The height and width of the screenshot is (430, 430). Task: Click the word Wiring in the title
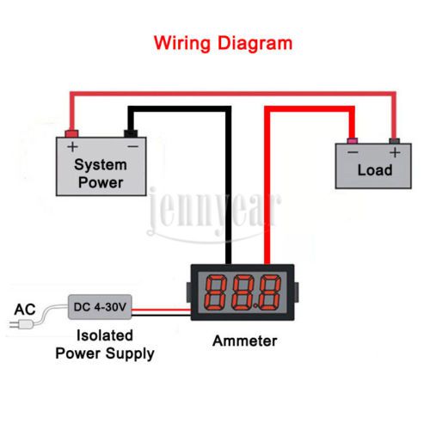tap(182, 44)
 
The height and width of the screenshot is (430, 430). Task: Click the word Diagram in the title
tap(255, 43)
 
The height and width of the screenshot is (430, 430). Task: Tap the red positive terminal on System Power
tap(71, 133)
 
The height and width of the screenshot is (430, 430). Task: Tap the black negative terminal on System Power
tap(131, 133)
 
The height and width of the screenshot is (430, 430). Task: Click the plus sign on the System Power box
tap(73, 147)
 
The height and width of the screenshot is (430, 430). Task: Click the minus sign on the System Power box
tap(133, 147)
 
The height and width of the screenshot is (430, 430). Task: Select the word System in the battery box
tap(101, 165)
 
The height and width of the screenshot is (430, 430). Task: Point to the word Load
tap(375, 170)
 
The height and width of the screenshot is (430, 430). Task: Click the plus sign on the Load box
tap(395, 152)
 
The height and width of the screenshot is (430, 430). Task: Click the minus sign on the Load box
tap(353, 152)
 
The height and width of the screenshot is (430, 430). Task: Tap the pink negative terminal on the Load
tap(352, 141)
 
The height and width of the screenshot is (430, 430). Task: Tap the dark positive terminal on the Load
tap(395, 141)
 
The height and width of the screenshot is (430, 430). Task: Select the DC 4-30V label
tap(100, 307)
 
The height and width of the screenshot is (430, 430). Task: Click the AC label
tap(25, 310)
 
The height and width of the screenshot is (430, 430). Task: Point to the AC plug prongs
tap(14, 324)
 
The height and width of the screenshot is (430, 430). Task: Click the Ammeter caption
tap(245, 341)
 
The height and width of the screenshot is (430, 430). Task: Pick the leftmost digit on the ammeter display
tap(215, 292)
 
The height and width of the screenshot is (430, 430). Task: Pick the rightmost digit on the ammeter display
tap(269, 292)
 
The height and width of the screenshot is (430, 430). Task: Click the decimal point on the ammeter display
tap(255, 307)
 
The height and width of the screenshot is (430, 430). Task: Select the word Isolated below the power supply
tap(105, 335)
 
